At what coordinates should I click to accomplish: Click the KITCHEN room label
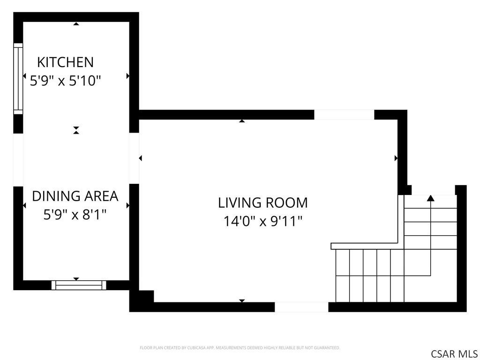(x=65, y=62)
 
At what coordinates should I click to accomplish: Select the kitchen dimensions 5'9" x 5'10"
(x=65, y=81)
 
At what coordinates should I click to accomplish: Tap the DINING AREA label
(x=75, y=196)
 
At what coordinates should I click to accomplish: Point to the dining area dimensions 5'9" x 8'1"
(x=75, y=215)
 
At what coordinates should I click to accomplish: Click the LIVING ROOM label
(x=262, y=202)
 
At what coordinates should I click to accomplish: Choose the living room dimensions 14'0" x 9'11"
(x=262, y=221)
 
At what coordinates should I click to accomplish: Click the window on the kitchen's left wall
(x=18, y=79)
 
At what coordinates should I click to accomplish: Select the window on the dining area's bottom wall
(x=79, y=285)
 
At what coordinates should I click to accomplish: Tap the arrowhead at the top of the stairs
(x=431, y=198)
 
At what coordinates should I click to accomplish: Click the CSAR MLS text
(x=454, y=353)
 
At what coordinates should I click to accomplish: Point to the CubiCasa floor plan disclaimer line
(x=240, y=348)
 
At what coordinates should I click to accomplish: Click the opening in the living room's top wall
(x=344, y=114)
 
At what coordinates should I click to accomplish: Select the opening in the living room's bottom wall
(x=301, y=307)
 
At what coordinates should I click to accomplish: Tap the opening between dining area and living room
(x=134, y=158)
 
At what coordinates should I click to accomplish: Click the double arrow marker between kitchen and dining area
(x=76, y=130)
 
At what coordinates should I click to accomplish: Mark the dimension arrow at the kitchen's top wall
(x=76, y=23)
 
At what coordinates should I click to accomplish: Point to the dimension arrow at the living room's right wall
(x=396, y=158)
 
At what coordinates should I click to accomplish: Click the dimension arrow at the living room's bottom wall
(x=242, y=300)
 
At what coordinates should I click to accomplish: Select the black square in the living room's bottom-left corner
(x=146, y=296)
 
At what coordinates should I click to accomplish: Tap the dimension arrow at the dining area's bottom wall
(x=76, y=279)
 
